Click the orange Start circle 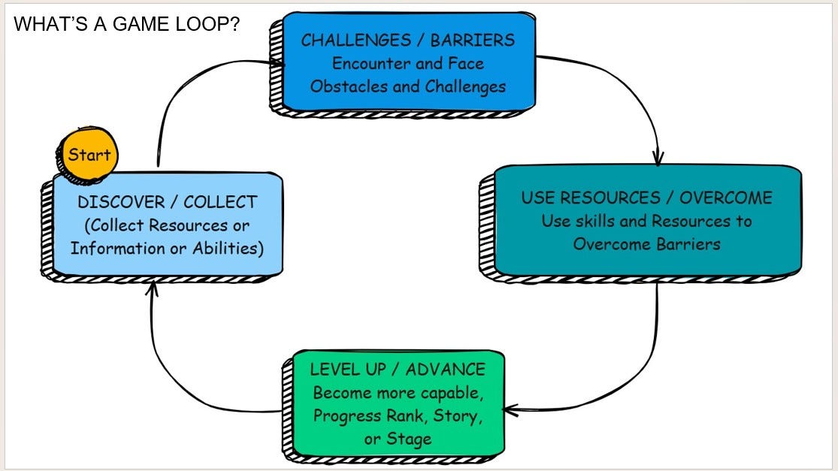(89, 155)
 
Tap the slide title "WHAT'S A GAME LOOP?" (126, 24)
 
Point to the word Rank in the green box (403, 415)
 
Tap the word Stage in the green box (410, 439)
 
